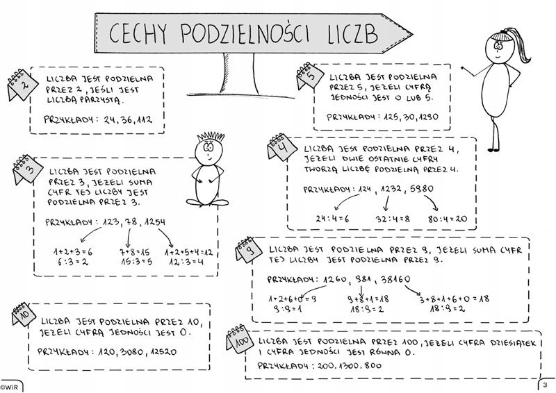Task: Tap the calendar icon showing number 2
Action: [21, 85]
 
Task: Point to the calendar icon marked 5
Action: [311, 77]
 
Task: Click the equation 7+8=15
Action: [135, 251]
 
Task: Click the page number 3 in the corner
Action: [546, 385]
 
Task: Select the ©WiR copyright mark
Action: [10, 385]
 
